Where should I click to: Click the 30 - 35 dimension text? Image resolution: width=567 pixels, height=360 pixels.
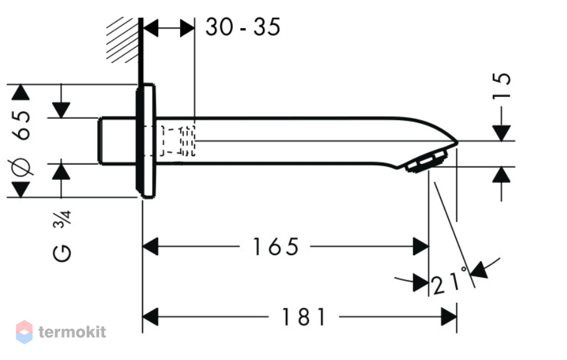pos(242,27)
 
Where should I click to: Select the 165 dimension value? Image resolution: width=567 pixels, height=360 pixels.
pos(276,247)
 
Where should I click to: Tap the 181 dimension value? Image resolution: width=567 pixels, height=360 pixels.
pos(304,317)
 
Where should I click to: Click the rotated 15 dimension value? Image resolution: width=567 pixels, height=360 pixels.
pos(502,85)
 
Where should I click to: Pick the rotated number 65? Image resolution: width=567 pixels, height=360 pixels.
pos(21,125)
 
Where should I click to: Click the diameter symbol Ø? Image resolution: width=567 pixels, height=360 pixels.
pos(21,166)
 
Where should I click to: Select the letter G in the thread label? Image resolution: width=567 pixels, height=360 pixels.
pos(62,253)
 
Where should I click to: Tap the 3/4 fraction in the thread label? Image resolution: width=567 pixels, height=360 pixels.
pos(62,219)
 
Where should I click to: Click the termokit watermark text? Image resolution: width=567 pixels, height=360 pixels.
pos(72,332)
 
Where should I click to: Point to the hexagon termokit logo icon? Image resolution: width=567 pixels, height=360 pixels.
pos(24,332)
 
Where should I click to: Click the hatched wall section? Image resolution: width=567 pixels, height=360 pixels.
pos(122,40)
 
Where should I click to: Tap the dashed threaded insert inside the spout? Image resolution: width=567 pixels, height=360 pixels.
pos(178,141)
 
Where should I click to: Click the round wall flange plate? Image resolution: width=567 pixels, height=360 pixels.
pos(146,141)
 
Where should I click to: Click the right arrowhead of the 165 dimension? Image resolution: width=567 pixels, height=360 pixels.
pos(421,247)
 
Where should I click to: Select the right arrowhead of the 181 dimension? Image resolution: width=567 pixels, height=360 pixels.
pos(449,317)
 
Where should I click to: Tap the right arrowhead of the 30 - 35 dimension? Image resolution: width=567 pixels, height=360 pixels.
pos(187,28)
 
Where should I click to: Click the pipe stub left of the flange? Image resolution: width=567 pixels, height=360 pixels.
pos(117,141)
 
